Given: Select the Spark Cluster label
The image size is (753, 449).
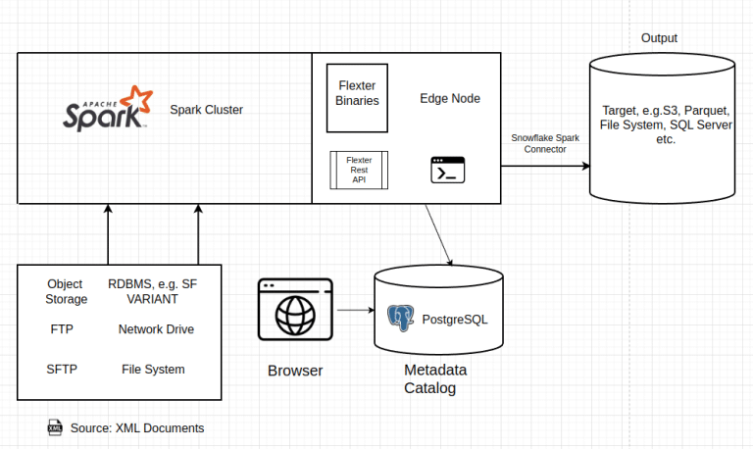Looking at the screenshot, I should click(206, 110).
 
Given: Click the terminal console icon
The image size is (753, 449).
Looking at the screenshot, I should click(447, 170).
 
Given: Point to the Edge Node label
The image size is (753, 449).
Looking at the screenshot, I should click(449, 99).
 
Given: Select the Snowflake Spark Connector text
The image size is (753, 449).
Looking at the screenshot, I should click(545, 143).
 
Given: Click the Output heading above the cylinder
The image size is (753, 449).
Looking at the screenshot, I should click(659, 38).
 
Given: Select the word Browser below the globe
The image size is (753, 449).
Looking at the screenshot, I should click(295, 371).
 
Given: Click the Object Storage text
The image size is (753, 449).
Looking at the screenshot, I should click(67, 291).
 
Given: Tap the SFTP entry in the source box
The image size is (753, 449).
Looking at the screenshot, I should click(62, 370).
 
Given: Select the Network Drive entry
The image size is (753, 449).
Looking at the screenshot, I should click(156, 329).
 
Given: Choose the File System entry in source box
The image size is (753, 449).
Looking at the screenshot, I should click(153, 370).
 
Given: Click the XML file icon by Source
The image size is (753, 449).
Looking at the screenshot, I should click(55, 427).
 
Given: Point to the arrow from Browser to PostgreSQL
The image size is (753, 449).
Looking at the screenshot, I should click(355, 311).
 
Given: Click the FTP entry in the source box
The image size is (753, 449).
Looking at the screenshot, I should click(62, 329).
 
